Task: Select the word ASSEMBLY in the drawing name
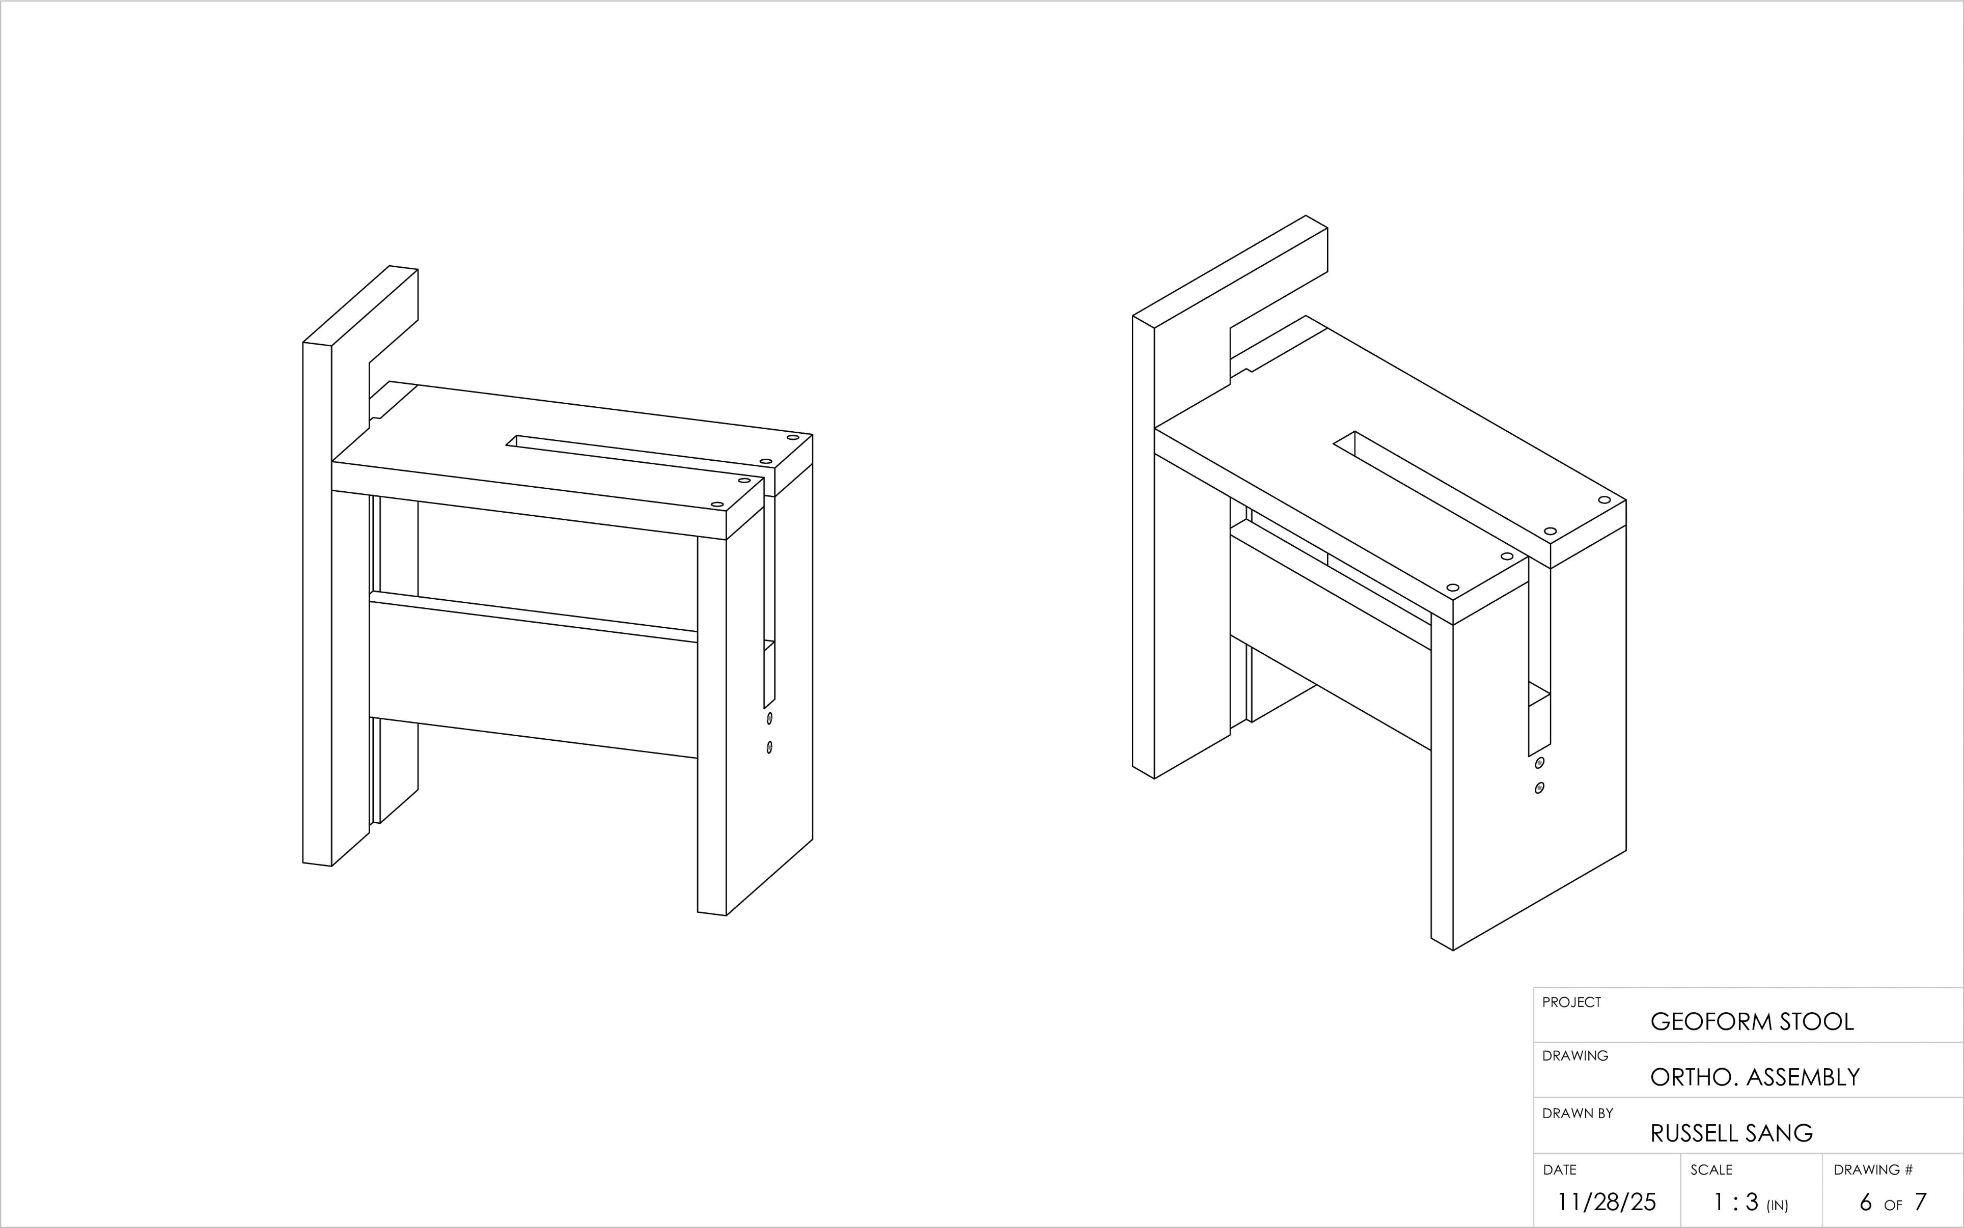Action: tap(1803, 1077)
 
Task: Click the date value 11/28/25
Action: tap(1606, 1201)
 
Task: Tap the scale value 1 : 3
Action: tap(1736, 1201)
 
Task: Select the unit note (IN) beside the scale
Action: tap(1777, 1205)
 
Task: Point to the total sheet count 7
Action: tap(1920, 1201)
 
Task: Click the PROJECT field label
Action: tap(1572, 1002)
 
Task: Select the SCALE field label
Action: tap(1711, 1169)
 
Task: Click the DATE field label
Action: tap(1560, 1169)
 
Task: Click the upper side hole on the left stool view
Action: tap(769, 719)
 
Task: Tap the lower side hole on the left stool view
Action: tap(769, 746)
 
